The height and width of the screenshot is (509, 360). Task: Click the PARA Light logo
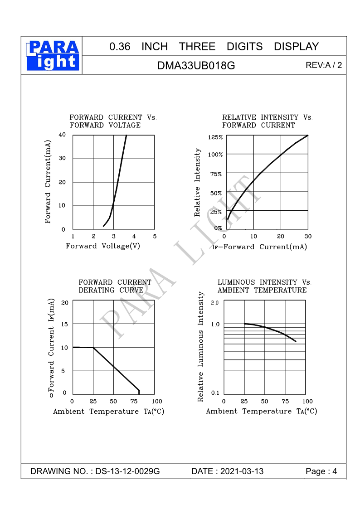[53, 55]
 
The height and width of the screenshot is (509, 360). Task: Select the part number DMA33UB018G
[196, 66]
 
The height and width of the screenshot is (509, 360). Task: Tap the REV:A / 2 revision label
[323, 66]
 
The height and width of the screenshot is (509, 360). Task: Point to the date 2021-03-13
[241, 471]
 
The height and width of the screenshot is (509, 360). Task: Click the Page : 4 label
[321, 471]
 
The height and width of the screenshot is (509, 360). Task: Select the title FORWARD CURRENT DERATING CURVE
[115, 286]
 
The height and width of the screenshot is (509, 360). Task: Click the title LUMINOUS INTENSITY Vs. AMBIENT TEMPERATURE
[264, 286]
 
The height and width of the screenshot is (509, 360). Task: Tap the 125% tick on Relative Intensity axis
[215, 137]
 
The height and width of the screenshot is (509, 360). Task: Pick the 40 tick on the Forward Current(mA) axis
[62, 135]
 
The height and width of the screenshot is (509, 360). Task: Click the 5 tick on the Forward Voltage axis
[155, 236]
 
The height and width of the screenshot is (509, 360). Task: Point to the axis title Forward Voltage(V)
[103, 246]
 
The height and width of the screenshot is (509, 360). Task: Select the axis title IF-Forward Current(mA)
[260, 247]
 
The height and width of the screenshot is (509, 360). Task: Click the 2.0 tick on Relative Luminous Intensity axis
[215, 302]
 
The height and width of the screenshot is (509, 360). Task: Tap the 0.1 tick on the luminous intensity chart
[215, 393]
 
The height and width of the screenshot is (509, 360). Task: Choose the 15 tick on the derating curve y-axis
[64, 324]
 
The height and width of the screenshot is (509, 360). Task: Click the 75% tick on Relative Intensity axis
[216, 174]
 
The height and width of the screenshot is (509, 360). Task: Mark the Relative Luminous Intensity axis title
[201, 347]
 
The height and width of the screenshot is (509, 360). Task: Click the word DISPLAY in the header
[296, 47]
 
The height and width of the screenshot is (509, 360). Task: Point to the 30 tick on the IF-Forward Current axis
[308, 236]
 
